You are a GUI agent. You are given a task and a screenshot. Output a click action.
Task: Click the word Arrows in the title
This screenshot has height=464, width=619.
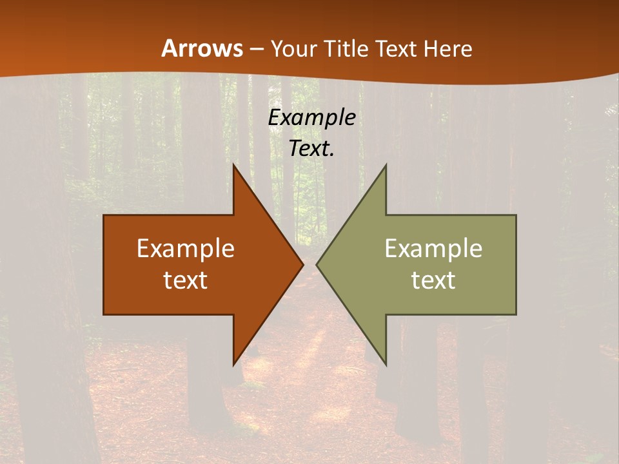(202, 49)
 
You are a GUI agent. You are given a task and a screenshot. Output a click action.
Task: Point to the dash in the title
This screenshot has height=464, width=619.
(257, 50)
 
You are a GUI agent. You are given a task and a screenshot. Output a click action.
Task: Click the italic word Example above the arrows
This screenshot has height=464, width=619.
(311, 118)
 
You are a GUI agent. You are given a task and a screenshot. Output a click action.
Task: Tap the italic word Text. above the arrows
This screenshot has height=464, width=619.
(311, 148)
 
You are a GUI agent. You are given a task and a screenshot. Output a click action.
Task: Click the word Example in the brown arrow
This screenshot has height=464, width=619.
(186, 249)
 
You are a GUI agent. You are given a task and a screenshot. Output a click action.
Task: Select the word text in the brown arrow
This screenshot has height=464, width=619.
(186, 280)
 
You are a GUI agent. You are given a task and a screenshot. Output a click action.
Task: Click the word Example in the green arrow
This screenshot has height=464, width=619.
(433, 249)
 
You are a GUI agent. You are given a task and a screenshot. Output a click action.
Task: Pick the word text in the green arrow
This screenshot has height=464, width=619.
(433, 280)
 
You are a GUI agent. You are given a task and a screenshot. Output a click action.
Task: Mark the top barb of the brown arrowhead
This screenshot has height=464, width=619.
(234, 166)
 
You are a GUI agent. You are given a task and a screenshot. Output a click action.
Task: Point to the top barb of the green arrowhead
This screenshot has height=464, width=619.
(386, 166)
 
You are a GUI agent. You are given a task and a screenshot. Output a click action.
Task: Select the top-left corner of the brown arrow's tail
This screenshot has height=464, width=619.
(104, 216)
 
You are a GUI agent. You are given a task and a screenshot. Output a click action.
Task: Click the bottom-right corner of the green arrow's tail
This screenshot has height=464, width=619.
(516, 314)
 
